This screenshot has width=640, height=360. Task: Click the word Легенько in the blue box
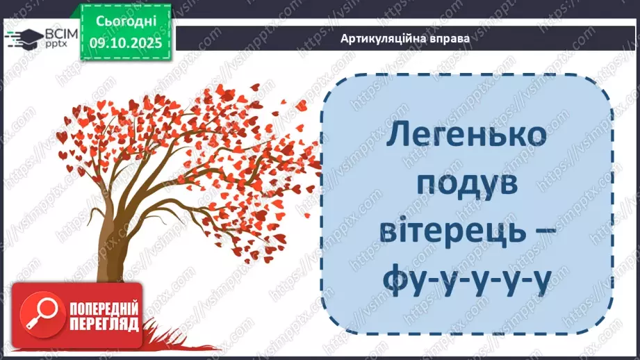coord(466,136)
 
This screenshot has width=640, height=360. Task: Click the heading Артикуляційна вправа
coord(405,39)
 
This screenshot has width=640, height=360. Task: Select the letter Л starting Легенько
coord(397,136)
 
